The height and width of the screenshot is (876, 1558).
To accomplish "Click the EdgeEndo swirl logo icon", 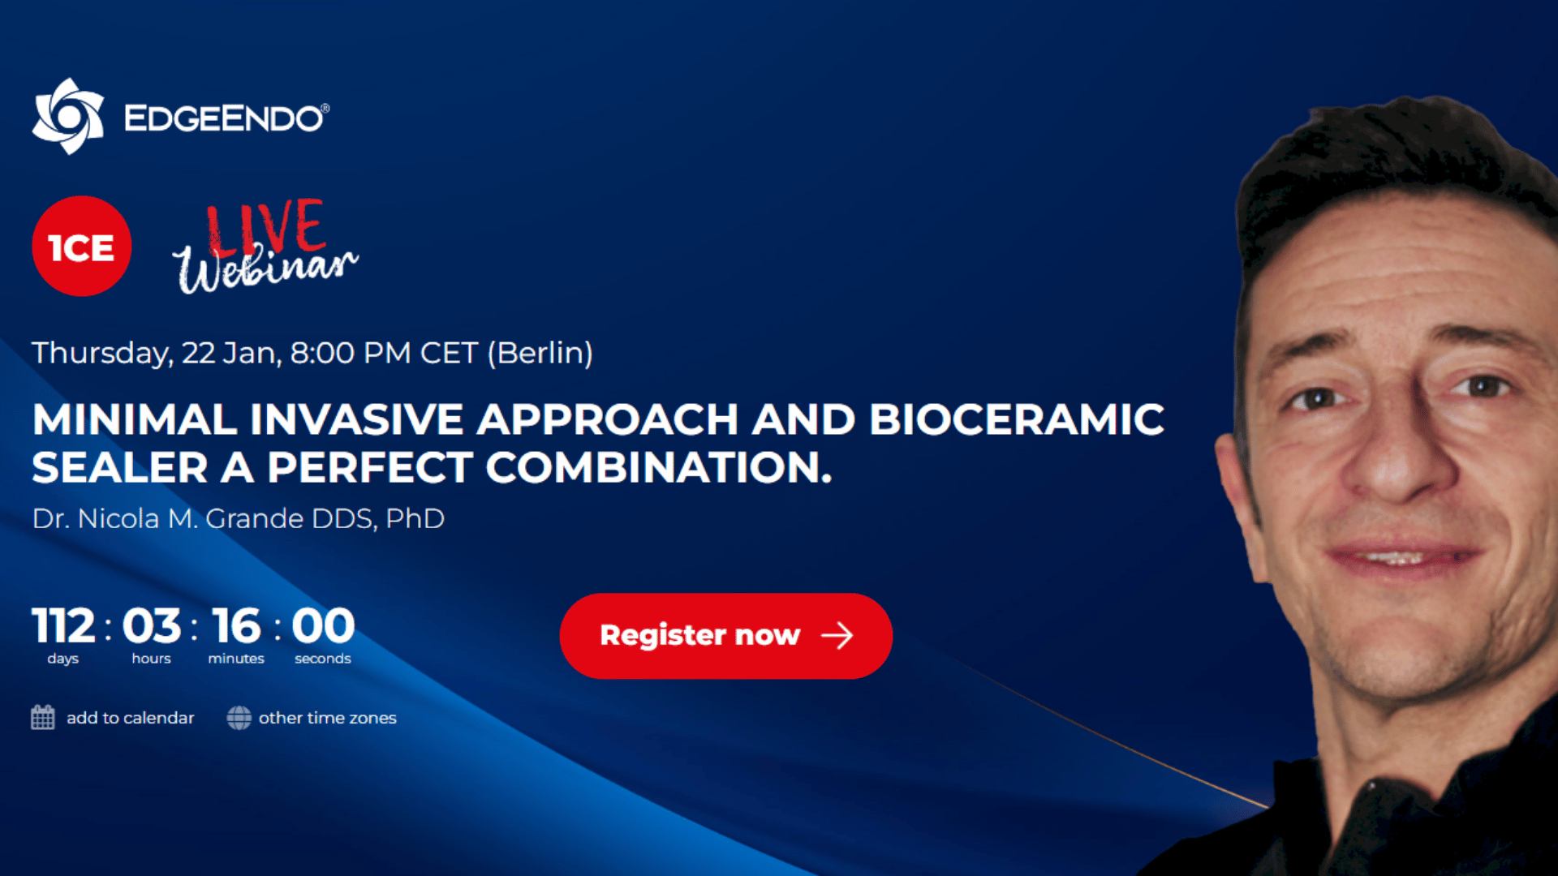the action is (68, 116).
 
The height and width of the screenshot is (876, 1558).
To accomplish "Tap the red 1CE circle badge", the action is (81, 247).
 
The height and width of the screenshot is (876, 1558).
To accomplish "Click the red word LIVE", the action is (265, 226).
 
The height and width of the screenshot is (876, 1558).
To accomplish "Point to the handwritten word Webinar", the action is (265, 268).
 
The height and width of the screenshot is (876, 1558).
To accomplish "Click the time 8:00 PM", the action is (351, 353).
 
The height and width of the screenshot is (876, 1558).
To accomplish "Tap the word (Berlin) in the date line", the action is (540, 353).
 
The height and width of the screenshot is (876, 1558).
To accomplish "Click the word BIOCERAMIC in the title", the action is (1017, 419).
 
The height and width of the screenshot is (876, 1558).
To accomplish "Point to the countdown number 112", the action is (64, 626).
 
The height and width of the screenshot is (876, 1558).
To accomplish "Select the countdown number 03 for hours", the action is (152, 626).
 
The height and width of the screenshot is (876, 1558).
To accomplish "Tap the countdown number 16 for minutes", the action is (237, 626).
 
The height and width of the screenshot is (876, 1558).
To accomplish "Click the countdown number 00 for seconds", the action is (323, 626).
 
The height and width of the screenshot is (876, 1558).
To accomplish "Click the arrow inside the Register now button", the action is (837, 636).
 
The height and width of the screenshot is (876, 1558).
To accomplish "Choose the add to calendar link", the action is (130, 718).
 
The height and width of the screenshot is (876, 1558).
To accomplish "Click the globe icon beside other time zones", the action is (239, 718).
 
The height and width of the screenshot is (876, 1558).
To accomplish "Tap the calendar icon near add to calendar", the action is (43, 718).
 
